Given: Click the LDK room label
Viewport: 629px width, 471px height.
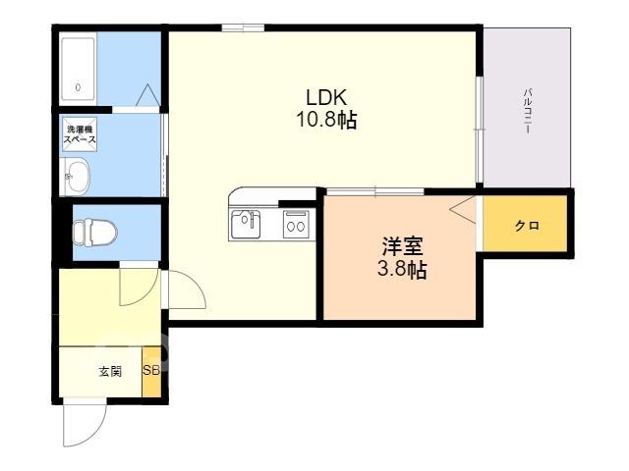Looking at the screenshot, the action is [x=326, y=97].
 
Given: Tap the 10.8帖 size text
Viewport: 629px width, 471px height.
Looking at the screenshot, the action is [x=326, y=119].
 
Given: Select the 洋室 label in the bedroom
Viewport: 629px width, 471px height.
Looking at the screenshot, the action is [x=402, y=246].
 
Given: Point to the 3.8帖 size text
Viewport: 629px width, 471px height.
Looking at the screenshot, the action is [x=402, y=270].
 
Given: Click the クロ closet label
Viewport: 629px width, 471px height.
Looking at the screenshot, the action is [x=527, y=226].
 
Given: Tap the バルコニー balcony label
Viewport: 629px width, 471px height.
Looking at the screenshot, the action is [x=527, y=111].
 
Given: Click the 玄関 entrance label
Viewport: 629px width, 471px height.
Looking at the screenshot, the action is [x=110, y=372].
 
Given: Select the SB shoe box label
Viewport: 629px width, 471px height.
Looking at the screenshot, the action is [x=151, y=371].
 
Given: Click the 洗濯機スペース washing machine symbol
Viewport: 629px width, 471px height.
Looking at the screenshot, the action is [x=81, y=134].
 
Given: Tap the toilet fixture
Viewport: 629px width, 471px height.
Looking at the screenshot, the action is [x=94, y=233].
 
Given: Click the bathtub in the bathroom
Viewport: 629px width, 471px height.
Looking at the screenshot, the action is [x=79, y=69].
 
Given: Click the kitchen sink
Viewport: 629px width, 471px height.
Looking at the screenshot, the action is [x=245, y=225].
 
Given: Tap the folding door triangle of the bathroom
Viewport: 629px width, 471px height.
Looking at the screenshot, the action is [x=147, y=95].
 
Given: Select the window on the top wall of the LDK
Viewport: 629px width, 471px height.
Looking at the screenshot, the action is [x=243, y=27].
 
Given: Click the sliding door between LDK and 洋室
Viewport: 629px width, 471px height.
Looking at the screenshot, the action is [x=375, y=192].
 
